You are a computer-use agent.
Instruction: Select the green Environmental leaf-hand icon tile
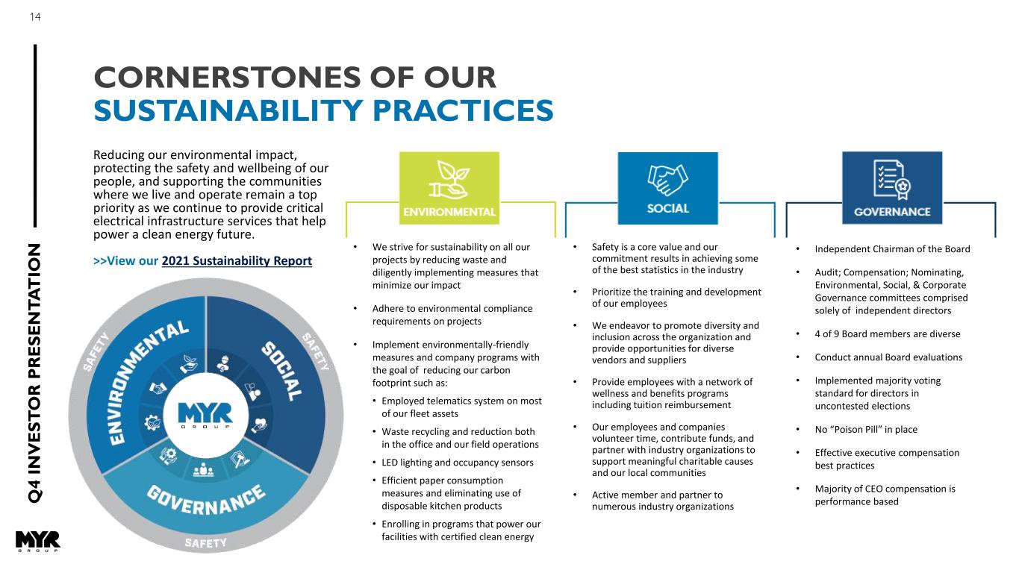449,187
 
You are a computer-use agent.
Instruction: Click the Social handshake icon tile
667,187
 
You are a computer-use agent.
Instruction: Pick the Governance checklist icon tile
891,187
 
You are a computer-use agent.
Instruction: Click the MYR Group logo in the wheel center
205,413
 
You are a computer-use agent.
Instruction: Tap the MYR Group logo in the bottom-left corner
37,542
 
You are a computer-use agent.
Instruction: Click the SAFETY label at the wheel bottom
205,543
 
